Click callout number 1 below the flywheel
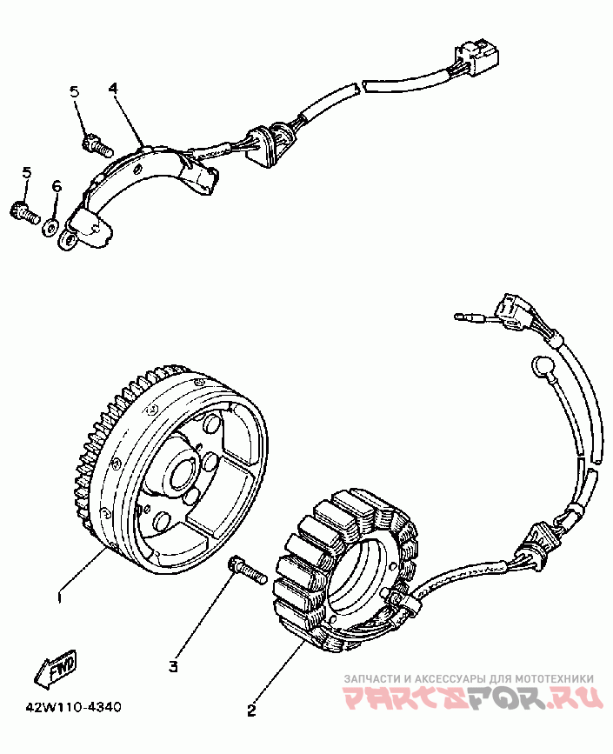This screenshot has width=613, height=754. click(58, 597)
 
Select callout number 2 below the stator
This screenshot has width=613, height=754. click(251, 710)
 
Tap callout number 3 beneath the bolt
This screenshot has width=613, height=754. click(173, 666)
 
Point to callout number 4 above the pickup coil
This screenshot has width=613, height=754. click(113, 89)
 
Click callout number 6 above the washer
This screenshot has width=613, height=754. click(57, 186)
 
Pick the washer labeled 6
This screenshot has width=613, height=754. click(51, 226)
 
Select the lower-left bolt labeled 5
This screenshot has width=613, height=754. click(23, 210)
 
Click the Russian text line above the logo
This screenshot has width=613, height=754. click(470, 678)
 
